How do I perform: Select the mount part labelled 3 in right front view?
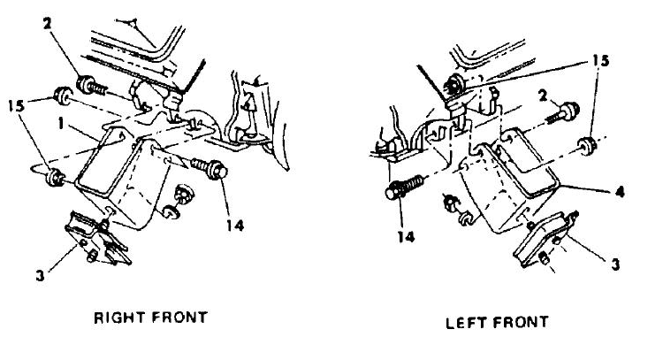[97, 239]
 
